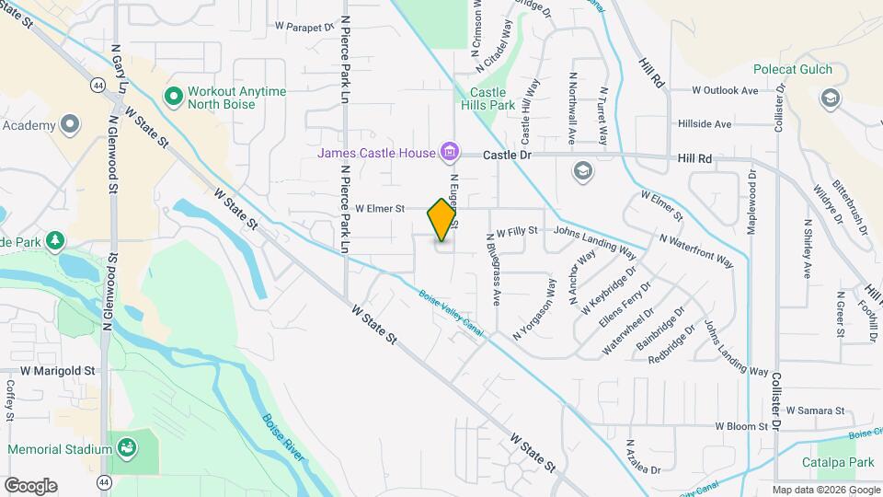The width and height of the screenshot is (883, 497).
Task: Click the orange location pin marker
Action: point(442,219)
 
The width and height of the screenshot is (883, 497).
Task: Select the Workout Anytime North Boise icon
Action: point(172,96)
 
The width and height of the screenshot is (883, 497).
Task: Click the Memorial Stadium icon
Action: point(126,449)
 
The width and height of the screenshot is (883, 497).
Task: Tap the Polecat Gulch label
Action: point(792,69)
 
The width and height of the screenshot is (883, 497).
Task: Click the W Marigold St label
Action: point(58,370)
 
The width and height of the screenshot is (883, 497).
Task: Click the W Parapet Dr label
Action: point(304,28)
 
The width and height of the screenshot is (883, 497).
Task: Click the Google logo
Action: point(30,486)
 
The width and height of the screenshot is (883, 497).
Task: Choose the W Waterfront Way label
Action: point(696,249)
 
